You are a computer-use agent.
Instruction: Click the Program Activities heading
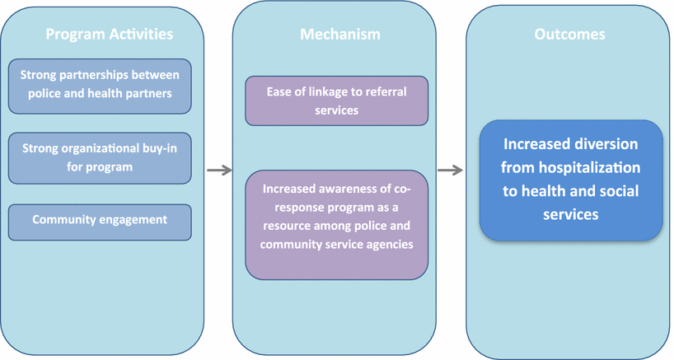pyautogui.click(x=109, y=35)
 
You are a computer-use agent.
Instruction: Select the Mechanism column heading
pyautogui.click(x=339, y=35)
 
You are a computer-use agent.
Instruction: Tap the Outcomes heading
pyautogui.click(x=569, y=35)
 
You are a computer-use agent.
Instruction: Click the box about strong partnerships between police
pyautogui.click(x=100, y=85)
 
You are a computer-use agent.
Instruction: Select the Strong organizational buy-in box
pyautogui.click(x=100, y=158)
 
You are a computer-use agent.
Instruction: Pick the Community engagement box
pyautogui.click(x=100, y=220)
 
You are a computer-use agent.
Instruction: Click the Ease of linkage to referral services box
pyautogui.click(x=336, y=101)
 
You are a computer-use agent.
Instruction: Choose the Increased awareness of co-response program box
pyautogui.click(x=336, y=223)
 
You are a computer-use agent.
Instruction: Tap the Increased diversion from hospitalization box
pyautogui.click(x=571, y=180)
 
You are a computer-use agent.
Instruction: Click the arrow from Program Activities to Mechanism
pyautogui.click(x=218, y=171)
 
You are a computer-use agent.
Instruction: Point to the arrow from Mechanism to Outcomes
pyautogui.click(x=449, y=171)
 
